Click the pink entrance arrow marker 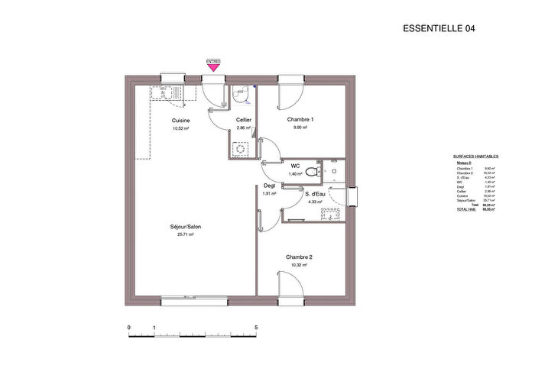pyautogui.click(x=213, y=67)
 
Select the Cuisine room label pyautogui.click(x=181, y=121)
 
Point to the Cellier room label pyautogui.click(x=244, y=121)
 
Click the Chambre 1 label pyautogui.click(x=300, y=120)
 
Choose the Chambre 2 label pyautogui.click(x=300, y=257)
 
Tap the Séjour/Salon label pyautogui.click(x=186, y=227)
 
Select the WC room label pyautogui.click(x=295, y=165)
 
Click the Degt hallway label pyautogui.click(x=269, y=186)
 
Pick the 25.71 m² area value pyautogui.click(x=186, y=235)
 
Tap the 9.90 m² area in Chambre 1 pyautogui.click(x=300, y=128)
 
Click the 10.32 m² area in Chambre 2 pyautogui.click(x=300, y=265)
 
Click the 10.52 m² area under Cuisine pyautogui.click(x=181, y=129)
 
